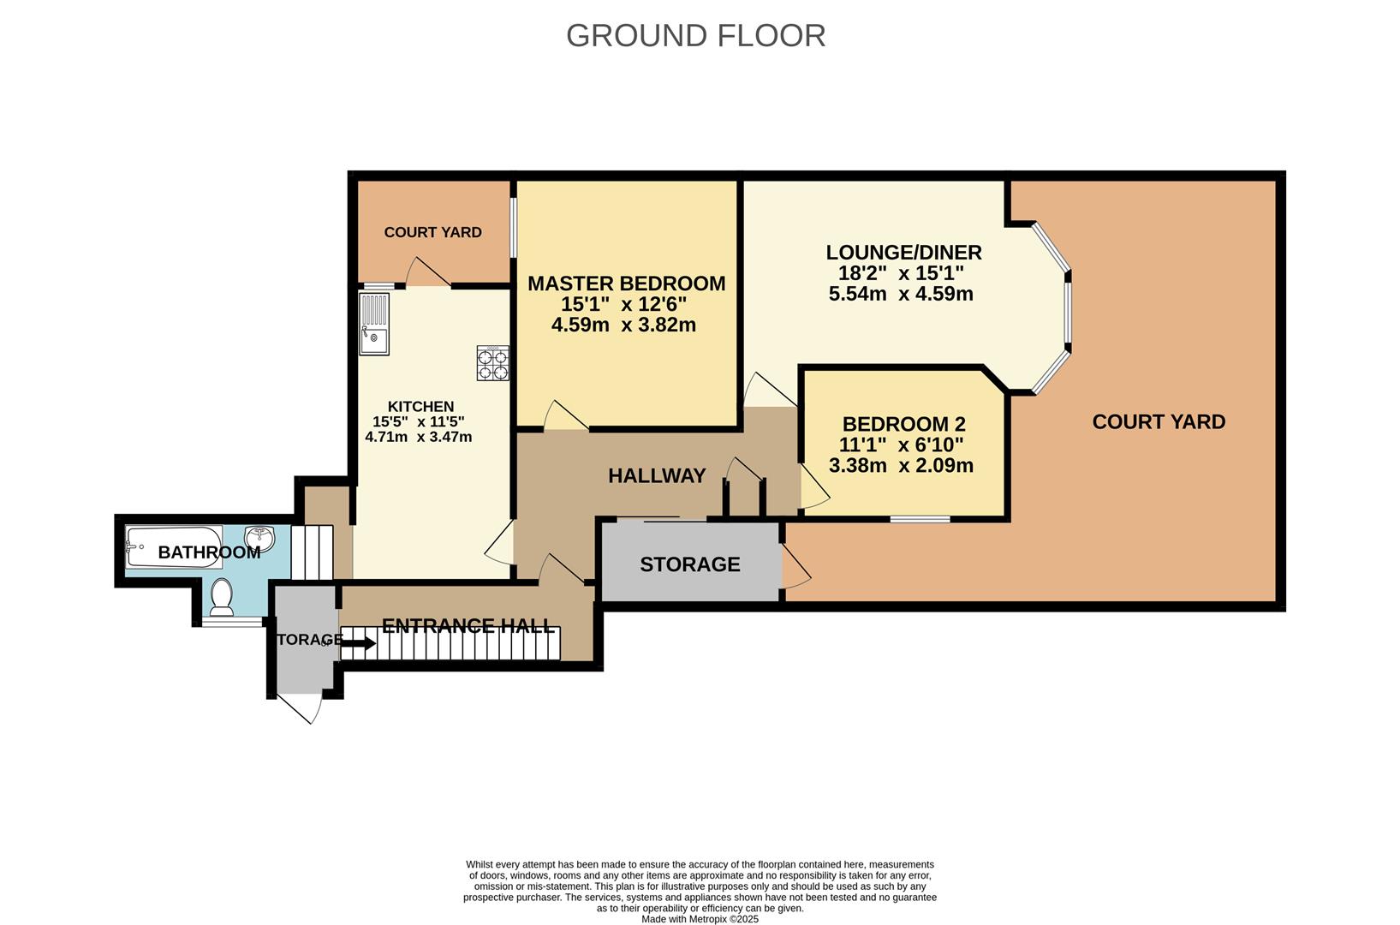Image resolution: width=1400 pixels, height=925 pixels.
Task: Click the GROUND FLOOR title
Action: coord(695,36)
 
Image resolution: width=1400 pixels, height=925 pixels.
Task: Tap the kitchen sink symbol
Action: coord(374,325)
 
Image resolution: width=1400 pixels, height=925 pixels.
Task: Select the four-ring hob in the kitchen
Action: coord(493,363)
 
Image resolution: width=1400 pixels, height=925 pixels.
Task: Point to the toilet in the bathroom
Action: coord(222,596)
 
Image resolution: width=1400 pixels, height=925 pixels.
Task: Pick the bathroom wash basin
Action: coord(259,538)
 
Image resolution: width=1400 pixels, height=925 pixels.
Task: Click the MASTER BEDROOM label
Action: coord(626,283)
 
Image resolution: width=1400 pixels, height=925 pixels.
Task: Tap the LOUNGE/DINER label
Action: coord(903,253)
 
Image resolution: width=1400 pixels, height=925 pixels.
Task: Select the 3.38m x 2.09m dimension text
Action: coord(901,466)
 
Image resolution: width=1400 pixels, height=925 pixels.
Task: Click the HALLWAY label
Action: coord(657,476)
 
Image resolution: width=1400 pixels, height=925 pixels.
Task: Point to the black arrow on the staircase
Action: coord(357,643)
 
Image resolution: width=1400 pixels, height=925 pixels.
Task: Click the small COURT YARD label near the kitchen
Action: coord(432,232)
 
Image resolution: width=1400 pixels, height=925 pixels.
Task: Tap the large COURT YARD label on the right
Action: coord(1159,421)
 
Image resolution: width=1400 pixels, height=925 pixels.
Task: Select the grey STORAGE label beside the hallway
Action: coord(689,564)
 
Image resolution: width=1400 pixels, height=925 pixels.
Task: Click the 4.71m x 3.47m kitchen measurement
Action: coord(419,437)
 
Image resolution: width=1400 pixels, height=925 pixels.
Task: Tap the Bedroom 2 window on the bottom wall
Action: coord(920,518)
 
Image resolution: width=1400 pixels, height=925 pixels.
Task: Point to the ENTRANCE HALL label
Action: coord(468,626)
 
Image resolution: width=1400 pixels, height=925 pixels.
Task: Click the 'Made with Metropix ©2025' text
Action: coord(700,919)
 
